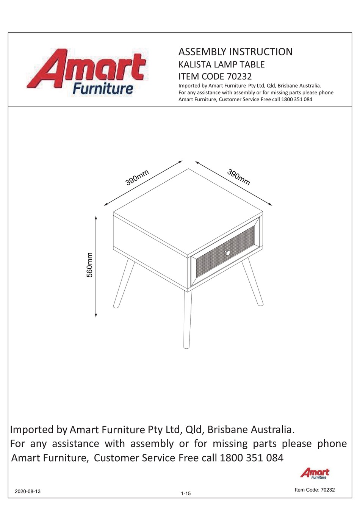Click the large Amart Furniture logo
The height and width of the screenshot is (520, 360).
[91, 72]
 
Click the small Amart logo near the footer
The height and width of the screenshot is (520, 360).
[315, 473]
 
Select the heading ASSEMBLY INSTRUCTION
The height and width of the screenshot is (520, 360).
[235, 52]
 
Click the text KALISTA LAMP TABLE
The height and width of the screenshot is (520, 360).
[221, 64]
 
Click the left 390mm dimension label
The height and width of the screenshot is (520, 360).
[137, 178]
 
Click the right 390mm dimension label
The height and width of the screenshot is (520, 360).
[239, 177]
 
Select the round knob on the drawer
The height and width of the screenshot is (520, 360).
[228, 252]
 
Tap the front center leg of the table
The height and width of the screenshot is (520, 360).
[187, 318]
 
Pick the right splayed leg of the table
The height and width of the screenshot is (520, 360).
[252, 282]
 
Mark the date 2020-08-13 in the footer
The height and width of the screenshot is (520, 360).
[27, 491]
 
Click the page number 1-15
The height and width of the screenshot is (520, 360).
[186, 493]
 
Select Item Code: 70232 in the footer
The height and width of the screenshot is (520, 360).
[315, 490]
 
